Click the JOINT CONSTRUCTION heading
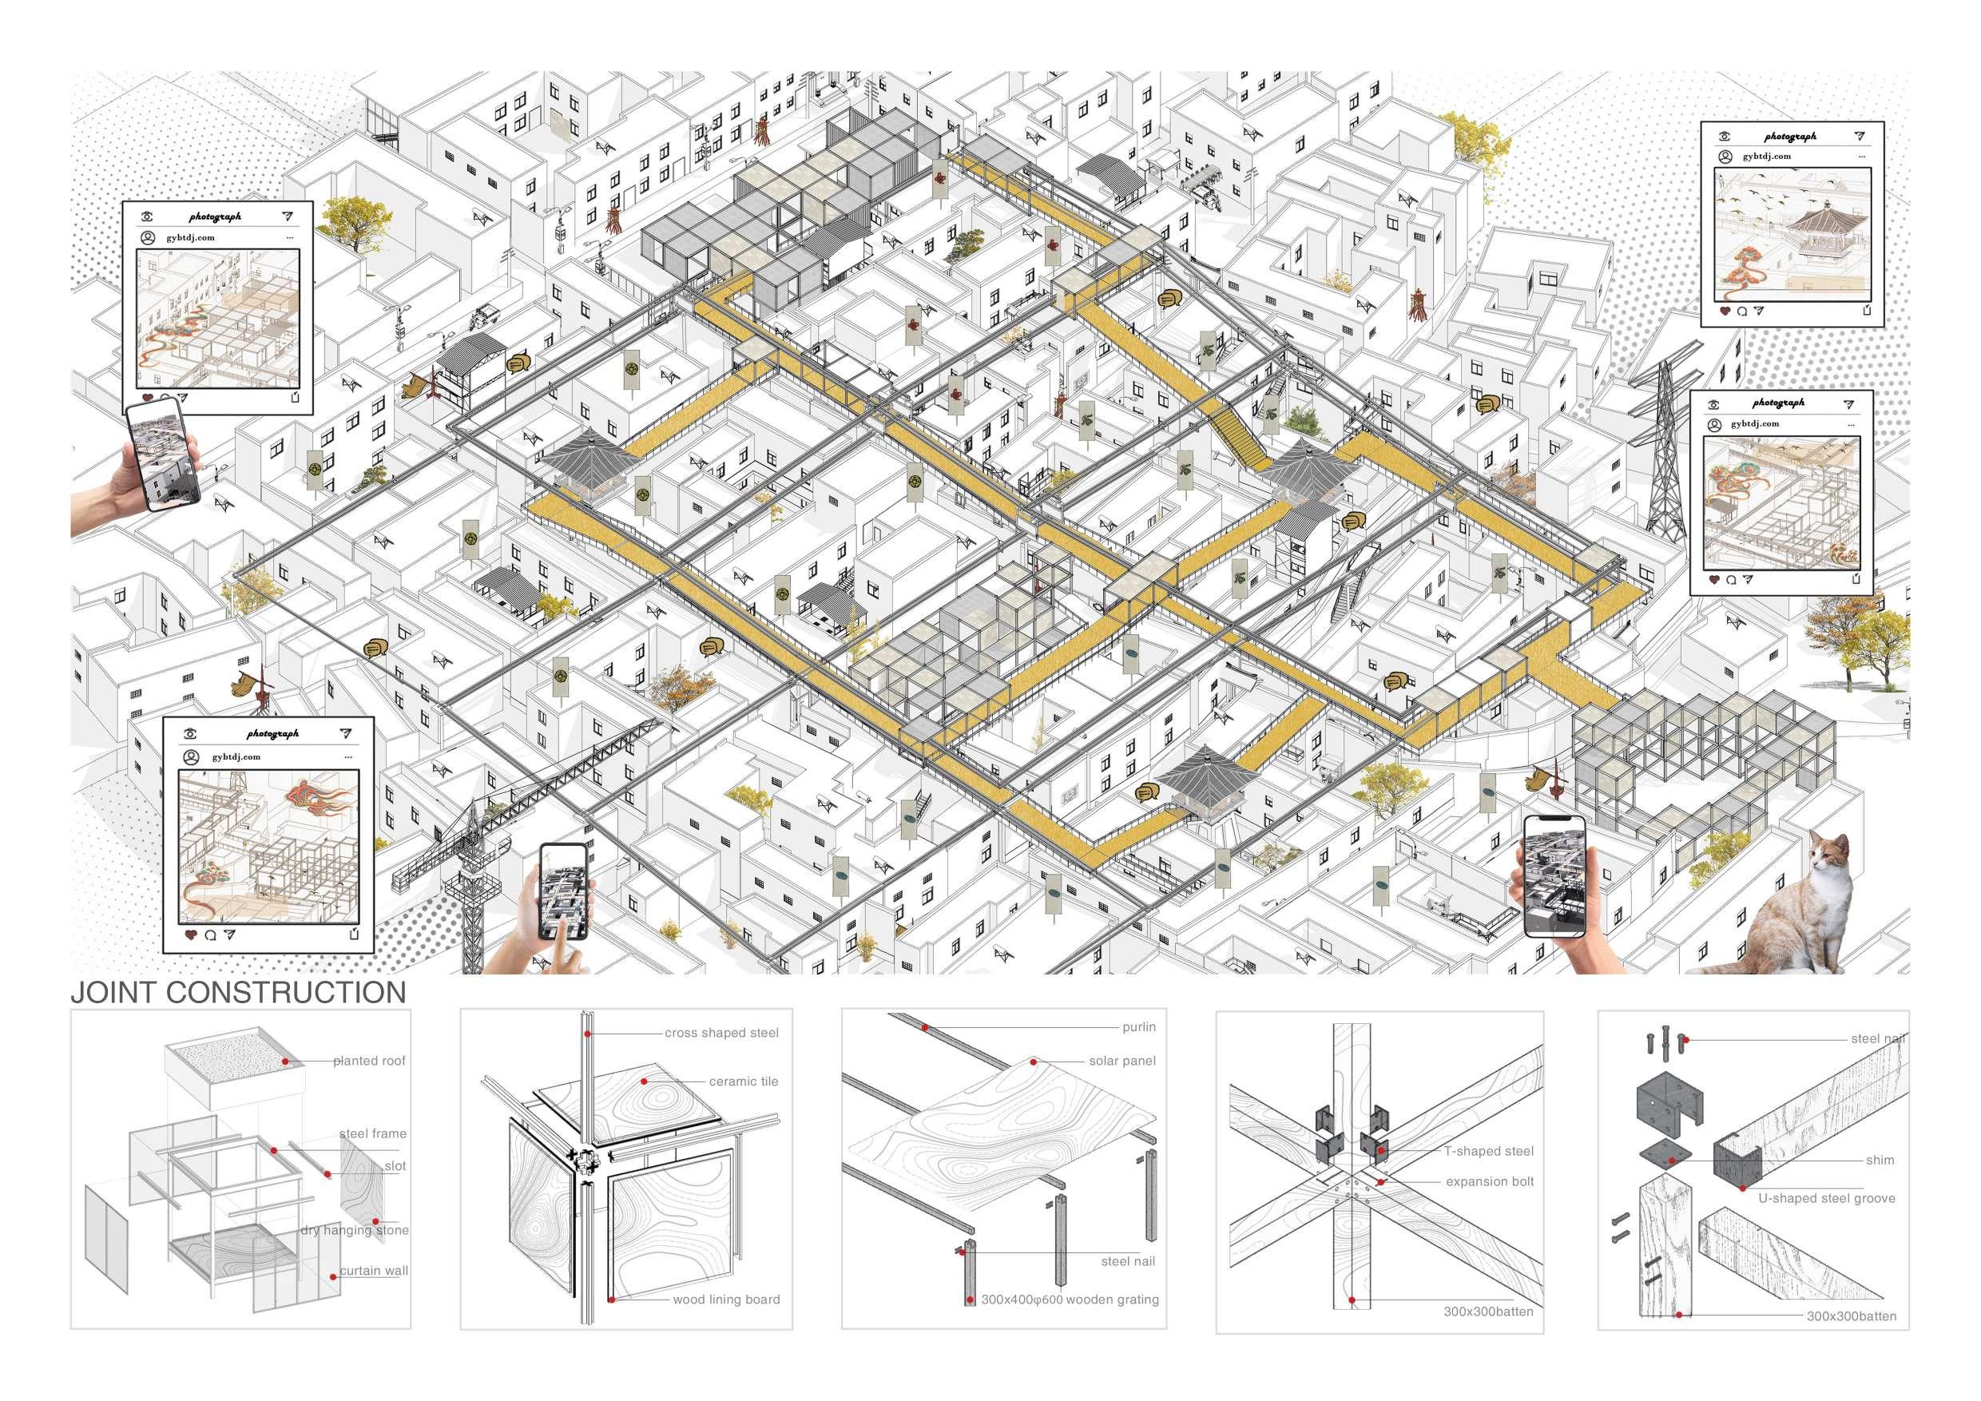coord(238,993)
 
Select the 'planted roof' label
coord(369,1061)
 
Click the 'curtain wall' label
coord(374,1271)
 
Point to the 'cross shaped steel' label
coord(721,1033)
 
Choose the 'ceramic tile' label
coord(744,1081)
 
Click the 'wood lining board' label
coord(725,1300)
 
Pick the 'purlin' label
coord(1139,1027)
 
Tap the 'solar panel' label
coord(1122,1061)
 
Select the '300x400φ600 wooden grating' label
coord(1070,1300)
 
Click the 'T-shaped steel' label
coord(1489,1151)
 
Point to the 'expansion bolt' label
coord(1490,1182)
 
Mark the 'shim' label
coord(1880,1161)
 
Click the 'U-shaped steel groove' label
coord(1827,1198)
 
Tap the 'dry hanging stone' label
coord(355,1230)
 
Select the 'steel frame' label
coord(373,1133)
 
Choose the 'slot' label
coord(395,1166)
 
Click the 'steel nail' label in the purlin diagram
coord(1128,1261)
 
